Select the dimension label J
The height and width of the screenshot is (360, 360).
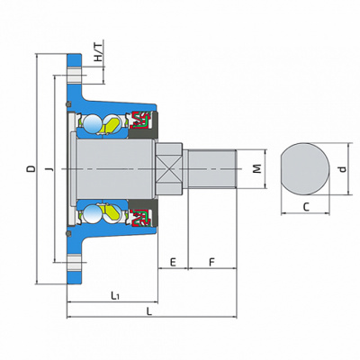click(x=50, y=169)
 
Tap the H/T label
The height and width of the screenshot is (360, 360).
click(x=98, y=51)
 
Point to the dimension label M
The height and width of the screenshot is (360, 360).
click(x=256, y=169)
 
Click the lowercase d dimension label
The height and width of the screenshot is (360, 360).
click(x=343, y=169)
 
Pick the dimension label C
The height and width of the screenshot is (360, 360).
click(x=306, y=207)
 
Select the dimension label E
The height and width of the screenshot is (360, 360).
click(x=173, y=263)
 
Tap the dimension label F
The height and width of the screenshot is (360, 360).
click(x=212, y=263)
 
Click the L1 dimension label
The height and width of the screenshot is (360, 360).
click(x=115, y=296)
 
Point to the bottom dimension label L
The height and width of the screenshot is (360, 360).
click(x=149, y=311)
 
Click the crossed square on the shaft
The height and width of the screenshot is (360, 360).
click(x=169, y=169)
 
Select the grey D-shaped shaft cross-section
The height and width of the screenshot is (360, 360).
click(x=305, y=169)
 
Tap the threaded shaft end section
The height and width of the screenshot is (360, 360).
click(x=212, y=169)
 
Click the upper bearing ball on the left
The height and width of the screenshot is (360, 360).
click(x=92, y=122)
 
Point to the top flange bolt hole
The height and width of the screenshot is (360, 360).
click(x=74, y=75)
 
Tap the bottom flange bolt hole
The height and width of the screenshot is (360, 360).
click(x=74, y=263)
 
